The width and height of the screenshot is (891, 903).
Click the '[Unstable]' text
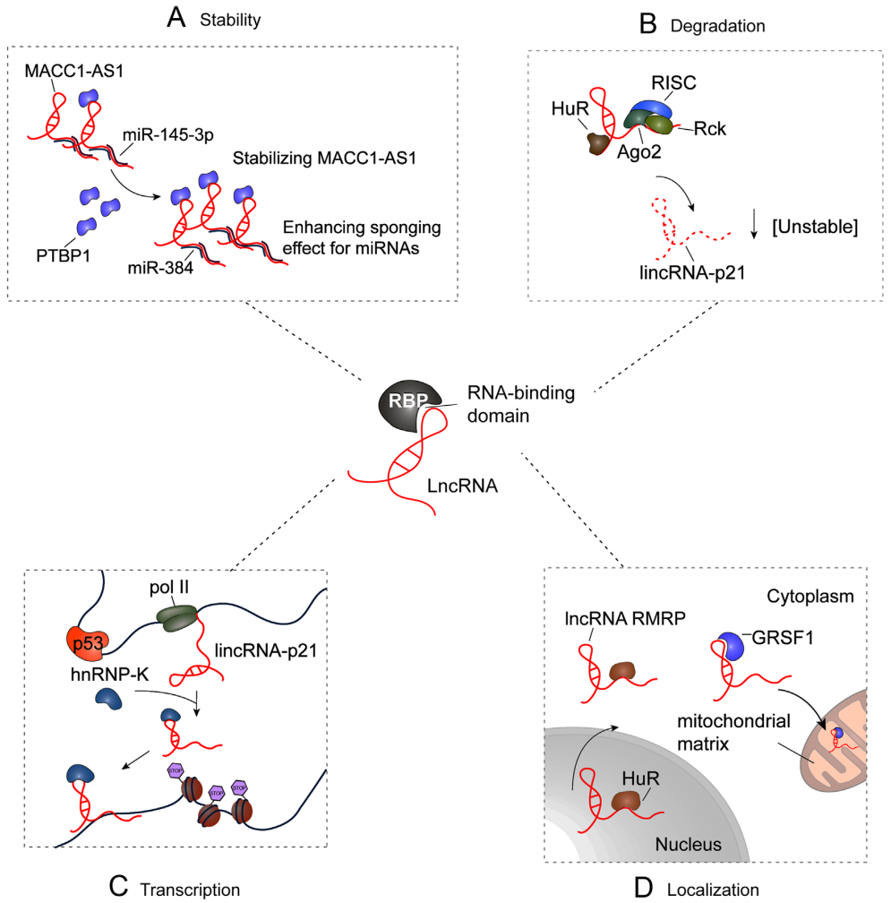pos(815,228)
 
